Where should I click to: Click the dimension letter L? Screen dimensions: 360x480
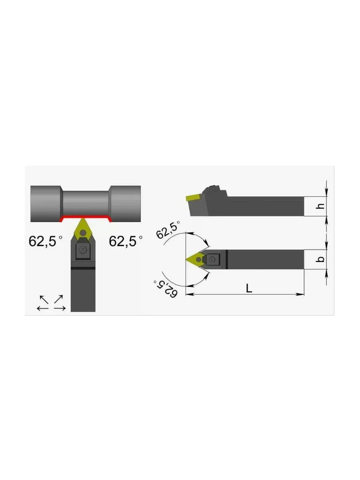(249, 288)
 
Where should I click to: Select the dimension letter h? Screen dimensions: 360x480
(320, 206)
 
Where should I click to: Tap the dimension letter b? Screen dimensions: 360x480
(320, 259)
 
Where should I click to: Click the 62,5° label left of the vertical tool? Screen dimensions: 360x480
(45, 241)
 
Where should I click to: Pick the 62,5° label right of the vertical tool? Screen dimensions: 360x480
(126, 241)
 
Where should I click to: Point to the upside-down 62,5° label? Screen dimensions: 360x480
(165, 289)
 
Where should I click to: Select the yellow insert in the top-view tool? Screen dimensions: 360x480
(196, 259)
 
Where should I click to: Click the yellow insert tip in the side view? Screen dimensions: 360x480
(193, 198)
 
